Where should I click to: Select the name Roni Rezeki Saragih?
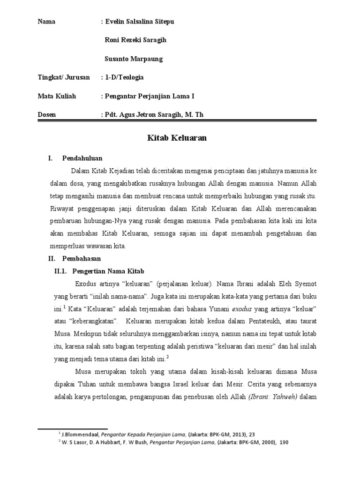(135, 40)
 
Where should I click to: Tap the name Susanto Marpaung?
(134, 59)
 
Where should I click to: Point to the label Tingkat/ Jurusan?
(63, 77)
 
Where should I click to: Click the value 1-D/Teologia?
(124, 77)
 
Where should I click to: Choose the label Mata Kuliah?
(56, 96)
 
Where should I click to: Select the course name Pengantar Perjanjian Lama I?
(150, 96)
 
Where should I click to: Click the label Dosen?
(46, 114)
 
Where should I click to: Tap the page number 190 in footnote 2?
(284, 442)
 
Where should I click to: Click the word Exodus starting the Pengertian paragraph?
(85, 284)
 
